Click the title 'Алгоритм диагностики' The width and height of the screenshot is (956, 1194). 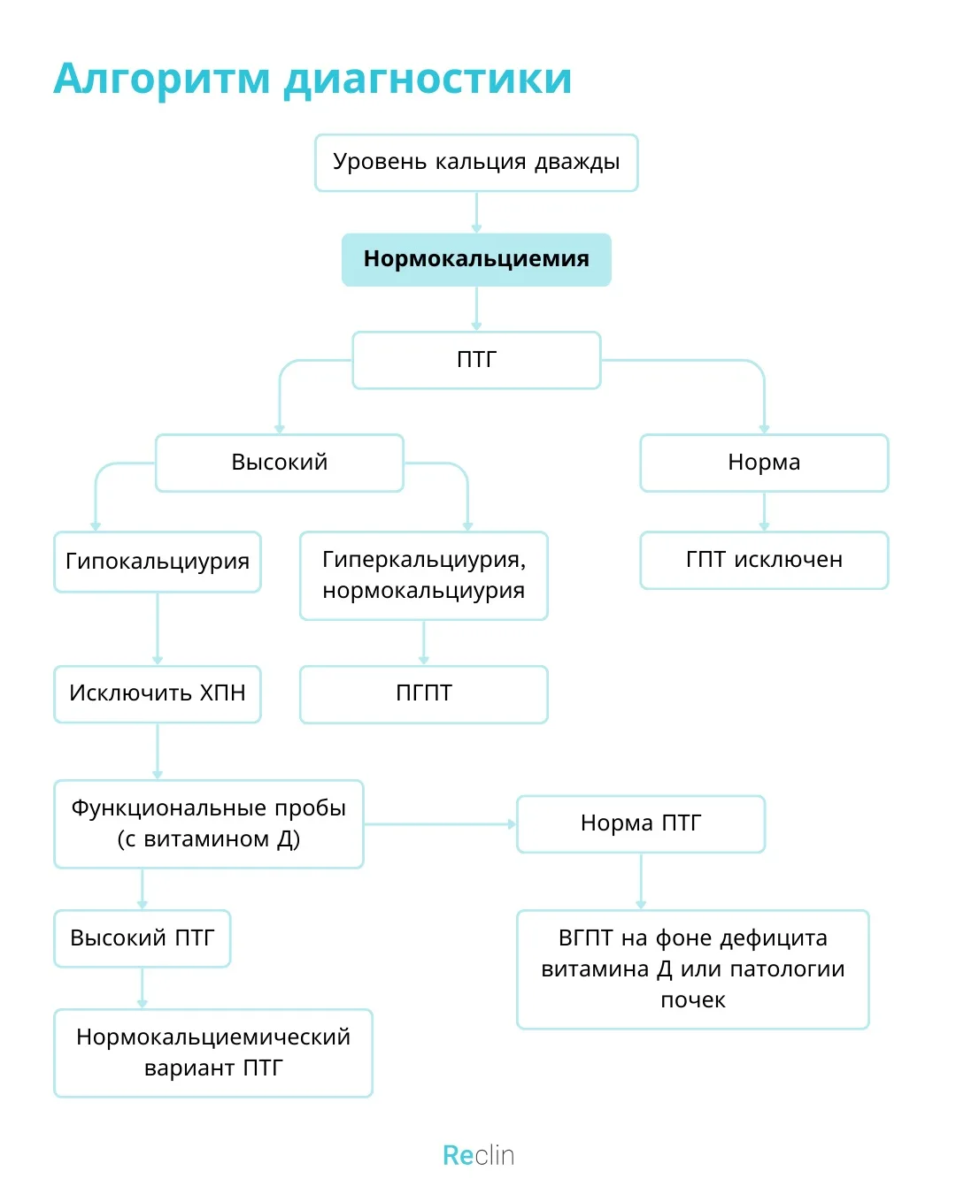tap(312, 80)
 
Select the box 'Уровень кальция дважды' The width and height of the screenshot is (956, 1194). tap(476, 163)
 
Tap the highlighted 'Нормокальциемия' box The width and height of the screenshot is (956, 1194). tap(476, 260)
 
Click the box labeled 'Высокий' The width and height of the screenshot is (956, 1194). tap(280, 463)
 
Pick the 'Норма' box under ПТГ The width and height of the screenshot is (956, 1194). tap(764, 463)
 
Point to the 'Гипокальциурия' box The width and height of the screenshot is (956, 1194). tap(158, 562)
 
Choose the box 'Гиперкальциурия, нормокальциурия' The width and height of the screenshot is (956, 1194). tap(424, 576)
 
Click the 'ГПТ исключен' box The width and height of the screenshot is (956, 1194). tap(764, 561)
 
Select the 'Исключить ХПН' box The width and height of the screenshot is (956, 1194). tap(158, 693)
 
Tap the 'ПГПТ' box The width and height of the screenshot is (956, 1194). tap(424, 694)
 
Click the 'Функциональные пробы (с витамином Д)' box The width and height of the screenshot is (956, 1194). tap(209, 824)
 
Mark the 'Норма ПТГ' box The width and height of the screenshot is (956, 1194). tap(641, 824)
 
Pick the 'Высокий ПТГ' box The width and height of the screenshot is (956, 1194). tap(143, 938)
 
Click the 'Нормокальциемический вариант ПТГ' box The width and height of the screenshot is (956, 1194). tap(213, 1053)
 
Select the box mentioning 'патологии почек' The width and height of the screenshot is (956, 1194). tap(693, 969)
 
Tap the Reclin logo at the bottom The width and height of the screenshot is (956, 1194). tap(478, 1156)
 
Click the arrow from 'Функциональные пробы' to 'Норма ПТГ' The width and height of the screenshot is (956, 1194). tap(440, 824)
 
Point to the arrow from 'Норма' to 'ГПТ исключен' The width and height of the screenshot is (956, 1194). tap(764, 511)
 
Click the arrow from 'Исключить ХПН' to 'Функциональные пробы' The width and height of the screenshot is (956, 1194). tap(158, 751)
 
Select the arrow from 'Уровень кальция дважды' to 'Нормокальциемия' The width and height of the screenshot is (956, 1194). tap(476, 212)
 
